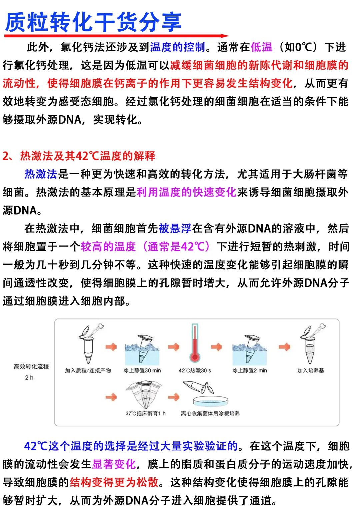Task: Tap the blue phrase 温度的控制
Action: pos(177,47)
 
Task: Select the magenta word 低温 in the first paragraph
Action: pos(261,47)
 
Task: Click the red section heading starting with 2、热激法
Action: pos(79,156)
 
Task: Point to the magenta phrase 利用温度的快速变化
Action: pos(186,192)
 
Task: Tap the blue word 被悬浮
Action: pos(175,228)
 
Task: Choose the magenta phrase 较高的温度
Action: pos(108,247)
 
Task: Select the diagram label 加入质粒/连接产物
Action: pos(88,370)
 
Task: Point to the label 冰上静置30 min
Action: pos(142,370)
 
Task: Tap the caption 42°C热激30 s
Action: pos(195,370)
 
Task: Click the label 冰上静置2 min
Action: pos(250,370)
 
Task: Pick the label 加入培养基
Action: pos(311,370)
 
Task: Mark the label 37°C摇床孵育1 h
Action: pos(145,413)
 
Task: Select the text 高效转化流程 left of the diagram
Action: pos(31,366)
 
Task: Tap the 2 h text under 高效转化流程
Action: pos(29,377)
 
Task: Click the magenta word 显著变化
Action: pos(114,464)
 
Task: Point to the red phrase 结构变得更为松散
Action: pos(114,482)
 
